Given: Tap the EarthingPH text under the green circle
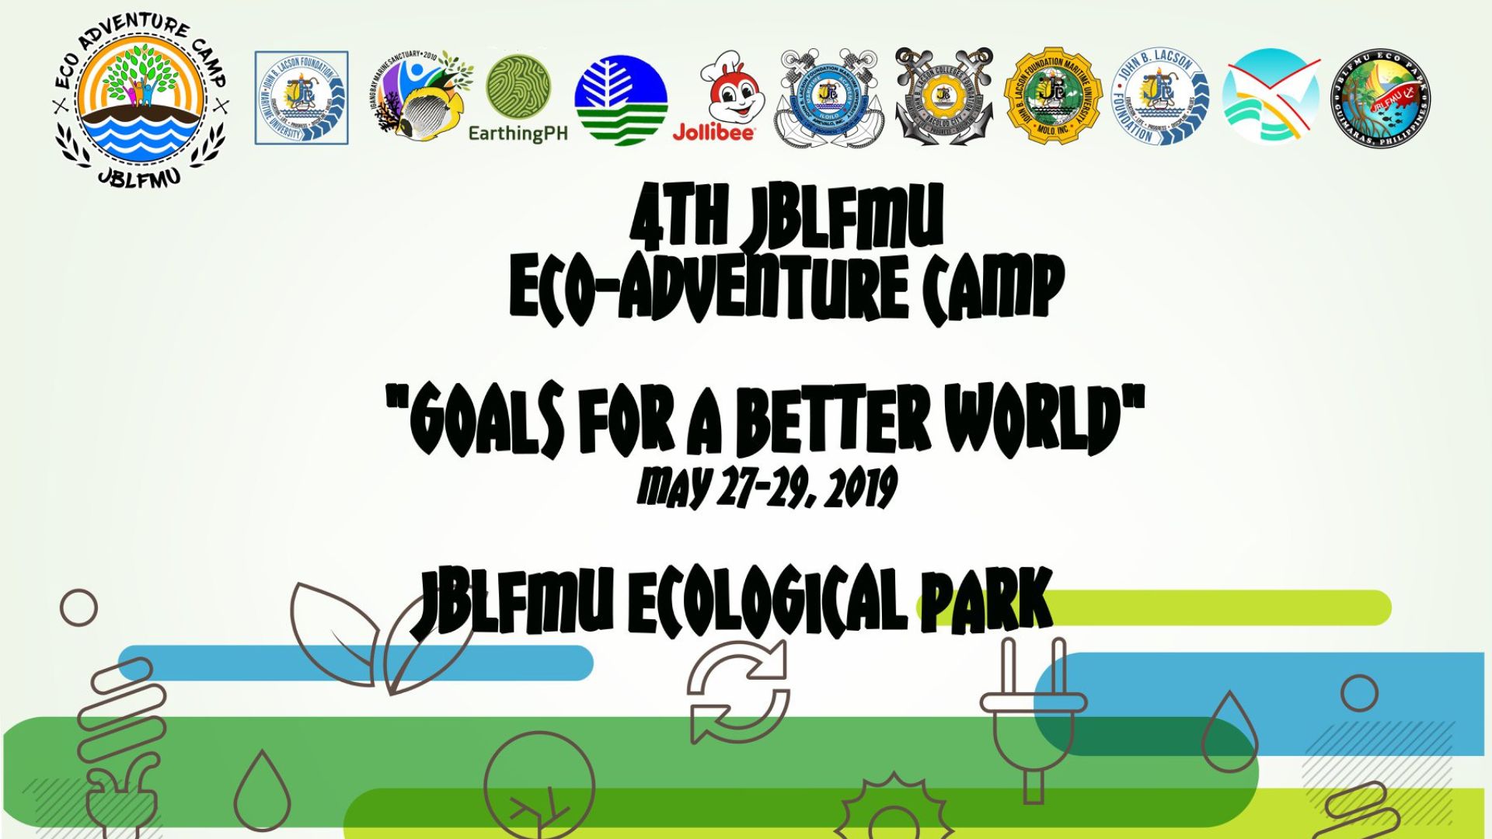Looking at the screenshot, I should (518, 134).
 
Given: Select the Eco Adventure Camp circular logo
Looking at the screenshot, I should (141, 101).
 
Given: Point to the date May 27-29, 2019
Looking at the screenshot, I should (767, 488).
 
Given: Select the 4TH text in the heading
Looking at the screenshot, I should (678, 218).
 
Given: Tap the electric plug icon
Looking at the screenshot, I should (1033, 715).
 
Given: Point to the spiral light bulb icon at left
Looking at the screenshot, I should (125, 738).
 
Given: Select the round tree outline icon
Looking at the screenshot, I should (539, 785).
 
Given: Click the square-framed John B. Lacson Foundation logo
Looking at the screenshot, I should (302, 98).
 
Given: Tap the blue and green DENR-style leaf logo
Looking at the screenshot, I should (620, 99).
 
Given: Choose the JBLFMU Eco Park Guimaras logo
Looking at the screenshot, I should (1379, 98).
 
